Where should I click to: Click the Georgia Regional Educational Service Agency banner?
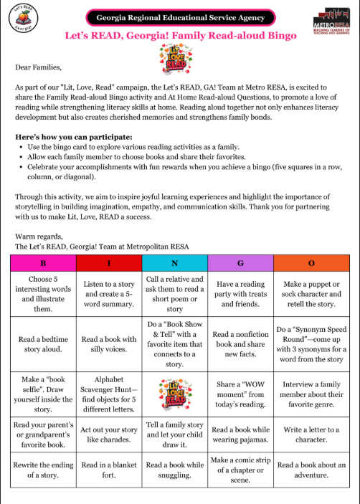pos(180,17)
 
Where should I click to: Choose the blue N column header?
pos(174,262)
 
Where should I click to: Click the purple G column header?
pos(240,262)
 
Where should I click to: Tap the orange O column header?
pos(310,262)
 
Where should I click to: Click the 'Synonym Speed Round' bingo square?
pos(310,345)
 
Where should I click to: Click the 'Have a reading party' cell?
pos(240,294)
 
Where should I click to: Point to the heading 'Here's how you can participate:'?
pos(77,136)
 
